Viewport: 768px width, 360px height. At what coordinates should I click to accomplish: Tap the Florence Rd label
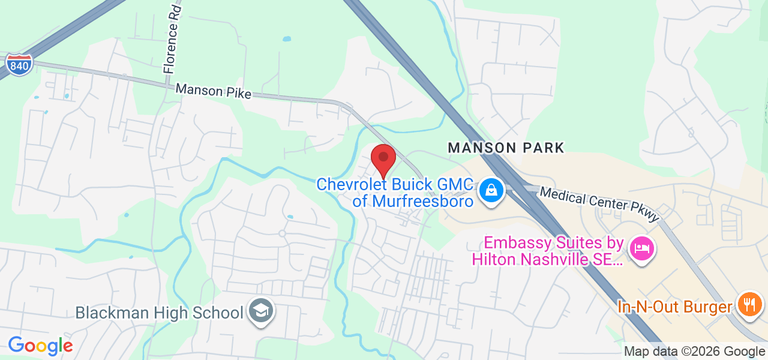(x=173, y=38)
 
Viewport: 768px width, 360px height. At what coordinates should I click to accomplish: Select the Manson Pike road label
(x=213, y=92)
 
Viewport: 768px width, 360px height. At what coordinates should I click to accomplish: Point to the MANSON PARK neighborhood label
(x=506, y=148)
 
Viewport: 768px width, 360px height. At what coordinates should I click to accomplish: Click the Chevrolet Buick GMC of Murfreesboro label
(x=395, y=192)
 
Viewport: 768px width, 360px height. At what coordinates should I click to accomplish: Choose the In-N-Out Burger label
(x=675, y=307)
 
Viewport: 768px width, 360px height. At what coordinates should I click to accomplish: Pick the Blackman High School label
(x=159, y=313)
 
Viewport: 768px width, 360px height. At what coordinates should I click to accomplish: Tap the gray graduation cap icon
(x=262, y=311)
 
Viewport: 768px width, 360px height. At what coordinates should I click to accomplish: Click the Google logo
(x=40, y=346)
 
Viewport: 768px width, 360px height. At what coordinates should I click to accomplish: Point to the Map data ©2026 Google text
(x=694, y=352)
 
